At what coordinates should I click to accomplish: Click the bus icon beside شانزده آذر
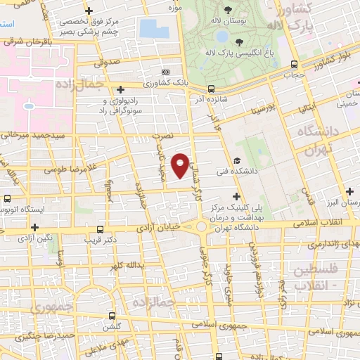click(x=211, y=89)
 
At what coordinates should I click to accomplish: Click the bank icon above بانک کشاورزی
click(x=165, y=72)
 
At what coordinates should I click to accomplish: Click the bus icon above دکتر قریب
click(x=100, y=229)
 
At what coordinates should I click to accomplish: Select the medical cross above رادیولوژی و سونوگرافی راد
click(x=121, y=89)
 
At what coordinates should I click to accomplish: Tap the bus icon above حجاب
click(x=290, y=60)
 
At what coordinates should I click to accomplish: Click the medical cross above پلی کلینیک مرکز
click(x=236, y=196)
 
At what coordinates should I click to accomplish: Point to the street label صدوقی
click(x=110, y=61)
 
